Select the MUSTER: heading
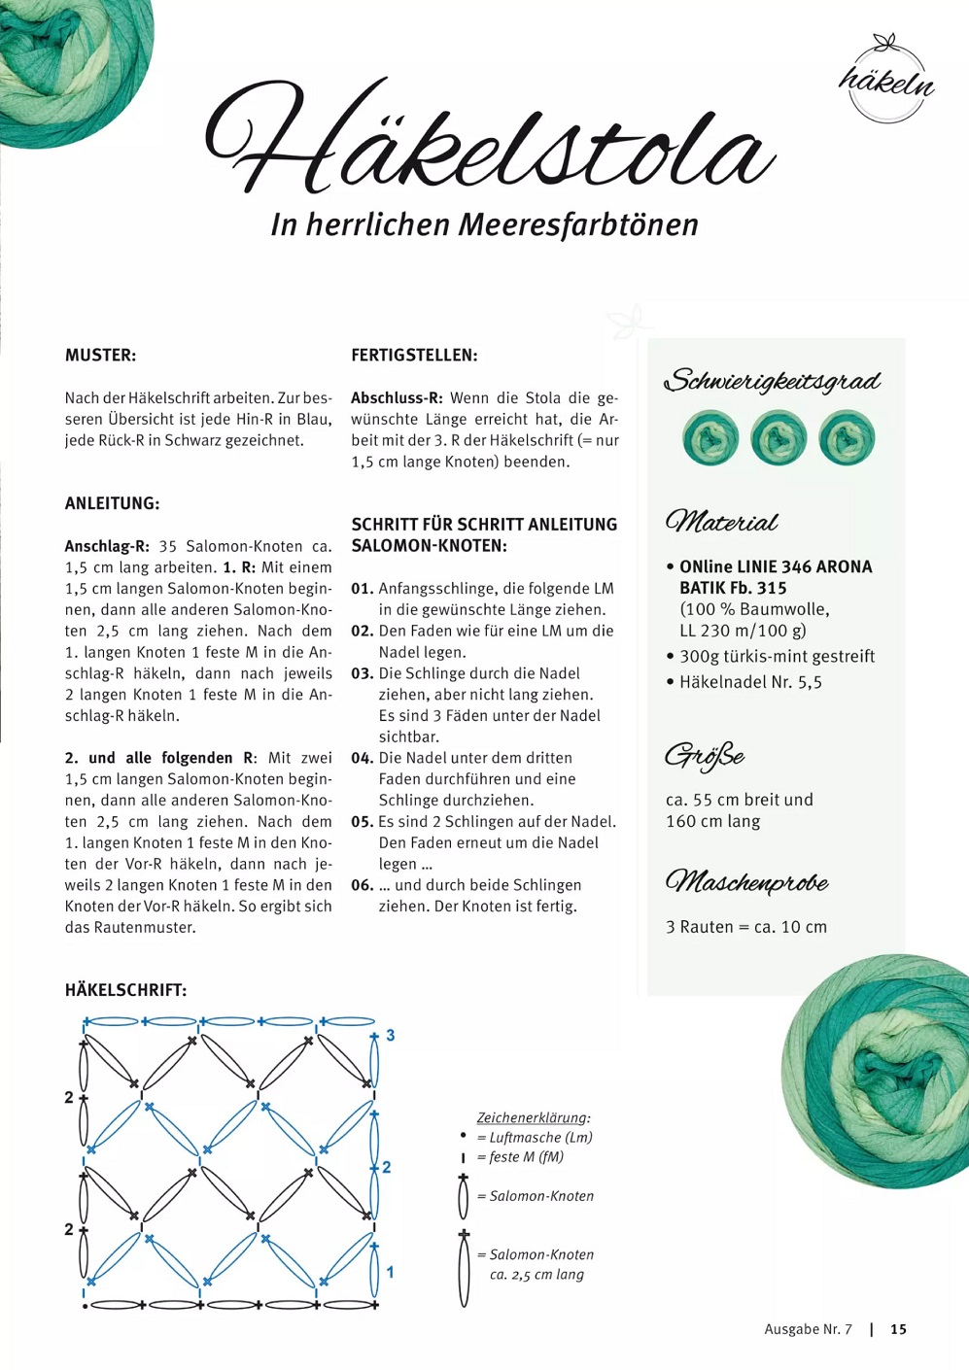tap(100, 356)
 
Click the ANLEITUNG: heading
tap(112, 503)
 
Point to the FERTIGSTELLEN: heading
tap(414, 356)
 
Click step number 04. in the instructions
tap(362, 758)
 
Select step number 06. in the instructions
tap(362, 885)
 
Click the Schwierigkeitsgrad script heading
tap(773, 381)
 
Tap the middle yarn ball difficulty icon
tap(778, 438)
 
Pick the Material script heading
tap(721, 523)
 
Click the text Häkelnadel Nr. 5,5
tap(750, 682)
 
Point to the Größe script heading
tap(705, 756)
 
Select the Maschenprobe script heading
tap(746, 882)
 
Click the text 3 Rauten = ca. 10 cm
tap(746, 927)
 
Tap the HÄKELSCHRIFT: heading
tap(125, 990)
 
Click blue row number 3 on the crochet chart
tap(391, 1036)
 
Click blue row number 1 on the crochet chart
tap(391, 1272)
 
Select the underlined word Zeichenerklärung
tap(532, 1117)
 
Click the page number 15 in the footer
tap(898, 1329)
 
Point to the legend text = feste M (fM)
tap(526, 1157)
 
